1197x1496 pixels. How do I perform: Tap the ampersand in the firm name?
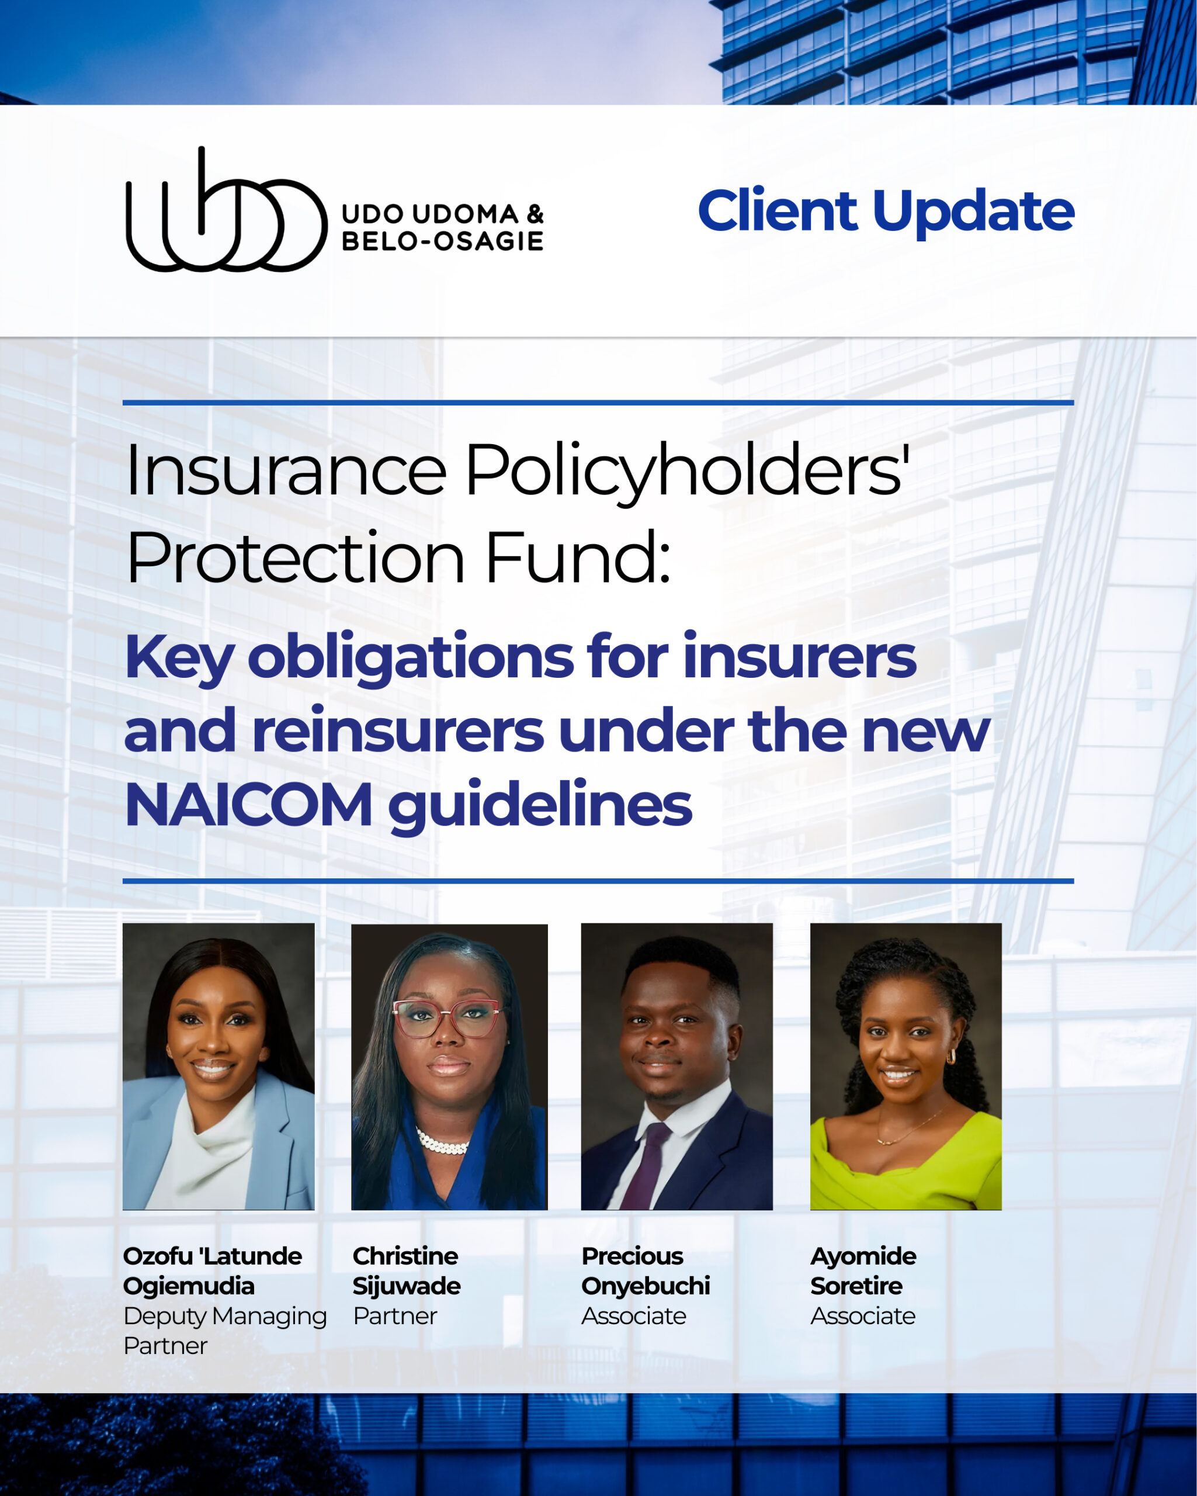pyautogui.click(x=535, y=214)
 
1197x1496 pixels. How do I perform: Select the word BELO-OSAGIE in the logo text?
pyautogui.click(x=442, y=241)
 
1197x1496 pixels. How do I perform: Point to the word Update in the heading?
pyautogui.click(x=974, y=214)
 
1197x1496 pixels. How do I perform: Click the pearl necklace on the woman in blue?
pyautogui.click(x=441, y=1141)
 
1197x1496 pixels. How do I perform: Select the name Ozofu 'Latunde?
pyautogui.click(x=212, y=1256)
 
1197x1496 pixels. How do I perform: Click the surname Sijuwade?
pyautogui.click(x=407, y=1286)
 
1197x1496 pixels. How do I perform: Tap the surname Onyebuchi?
pyautogui.click(x=646, y=1286)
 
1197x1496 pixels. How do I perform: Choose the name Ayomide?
pyautogui.click(x=863, y=1256)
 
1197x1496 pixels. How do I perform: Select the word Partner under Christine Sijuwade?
pyautogui.click(x=394, y=1315)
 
